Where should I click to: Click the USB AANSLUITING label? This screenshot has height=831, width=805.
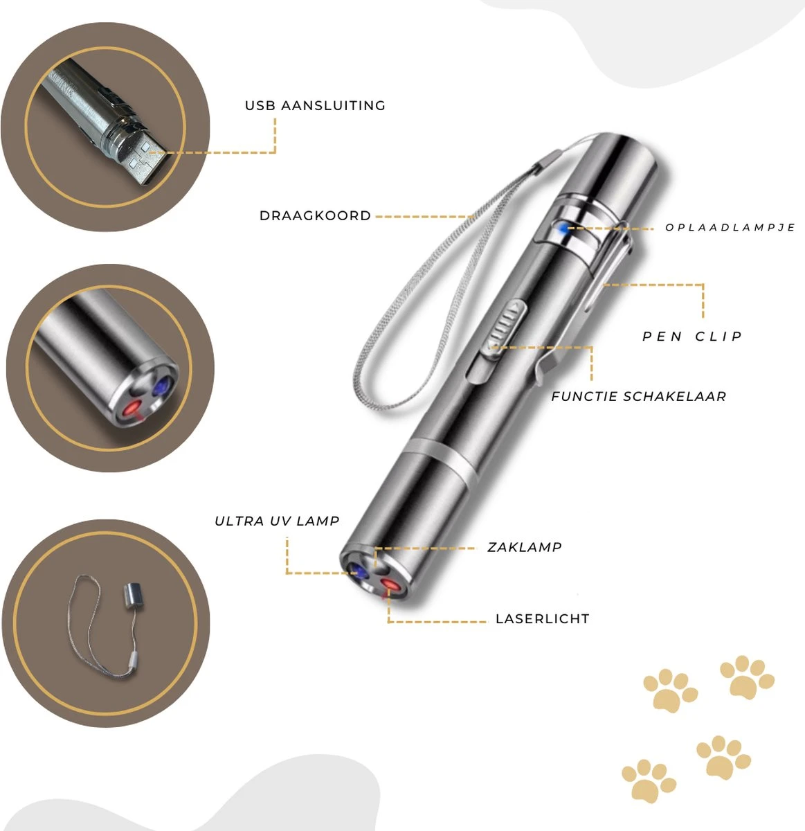click(315, 106)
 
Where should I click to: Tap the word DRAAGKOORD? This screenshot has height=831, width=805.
click(315, 216)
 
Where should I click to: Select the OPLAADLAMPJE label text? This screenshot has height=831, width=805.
click(730, 227)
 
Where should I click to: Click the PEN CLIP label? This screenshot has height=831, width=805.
click(691, 337)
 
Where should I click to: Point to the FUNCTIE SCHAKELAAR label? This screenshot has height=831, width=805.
click(638, 397)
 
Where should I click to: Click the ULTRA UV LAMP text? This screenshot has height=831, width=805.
click(277, 521)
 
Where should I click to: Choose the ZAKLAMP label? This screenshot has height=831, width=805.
click(524, 547)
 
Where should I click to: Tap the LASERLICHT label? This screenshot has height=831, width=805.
click(542, 619)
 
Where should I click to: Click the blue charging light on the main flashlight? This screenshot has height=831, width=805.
click(563, 229)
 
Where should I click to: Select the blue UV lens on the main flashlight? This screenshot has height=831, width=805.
click(358, 571)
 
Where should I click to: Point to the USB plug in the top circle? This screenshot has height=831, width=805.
click(147, 160)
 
